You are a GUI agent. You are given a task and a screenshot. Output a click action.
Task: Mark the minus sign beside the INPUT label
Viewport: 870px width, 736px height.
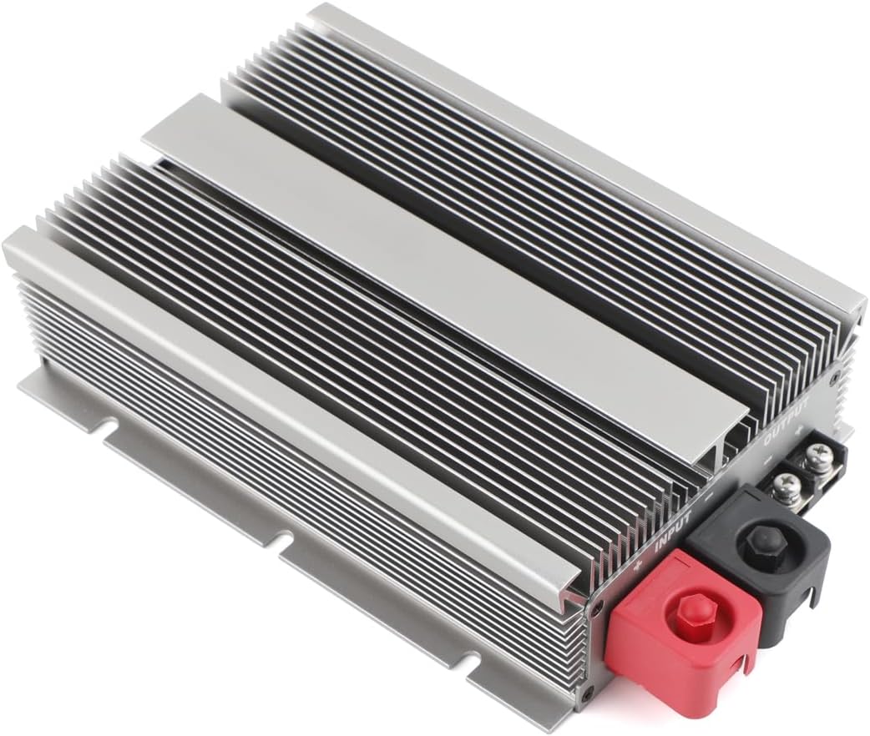click(708, 496)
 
